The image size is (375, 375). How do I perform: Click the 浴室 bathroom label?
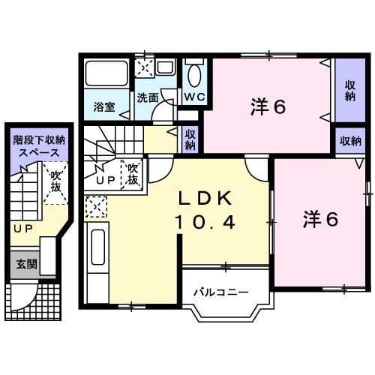coord(104,107)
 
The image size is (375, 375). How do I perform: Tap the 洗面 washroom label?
coord(148,97)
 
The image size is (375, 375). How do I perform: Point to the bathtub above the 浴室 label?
coord(106,73)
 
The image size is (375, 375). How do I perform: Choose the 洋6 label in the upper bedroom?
coord(268,107)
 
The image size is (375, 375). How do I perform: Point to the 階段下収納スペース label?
coord(38,145)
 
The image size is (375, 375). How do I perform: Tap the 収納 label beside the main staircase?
coord(190,139)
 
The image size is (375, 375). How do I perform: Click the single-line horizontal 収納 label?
coord(349,140)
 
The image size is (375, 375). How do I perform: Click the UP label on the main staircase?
coord(105,181)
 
